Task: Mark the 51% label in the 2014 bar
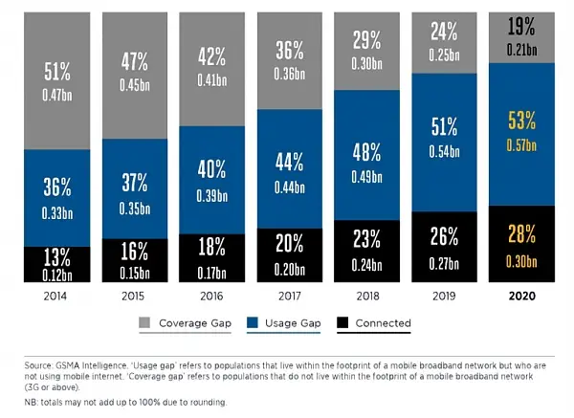click(56, 70)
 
